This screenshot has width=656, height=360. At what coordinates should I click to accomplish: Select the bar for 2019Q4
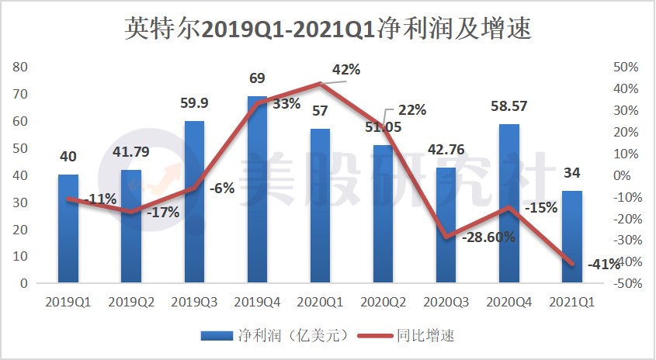pos(257,189)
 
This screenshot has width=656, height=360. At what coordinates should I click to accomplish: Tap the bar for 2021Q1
pos(571,237)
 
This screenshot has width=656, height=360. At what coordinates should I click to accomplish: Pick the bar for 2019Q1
pos(68,229)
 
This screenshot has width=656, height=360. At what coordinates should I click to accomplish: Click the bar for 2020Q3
pos(446,225)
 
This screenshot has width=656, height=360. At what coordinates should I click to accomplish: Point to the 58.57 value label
pos(508,108)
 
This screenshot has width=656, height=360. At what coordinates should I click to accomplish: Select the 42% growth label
pos(346,69)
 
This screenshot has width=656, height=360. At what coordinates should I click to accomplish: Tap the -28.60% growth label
pos(488,237)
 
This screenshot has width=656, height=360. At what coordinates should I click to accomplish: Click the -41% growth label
pos(604,265)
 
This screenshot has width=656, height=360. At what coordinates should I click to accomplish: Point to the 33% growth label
pos(286,105)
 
